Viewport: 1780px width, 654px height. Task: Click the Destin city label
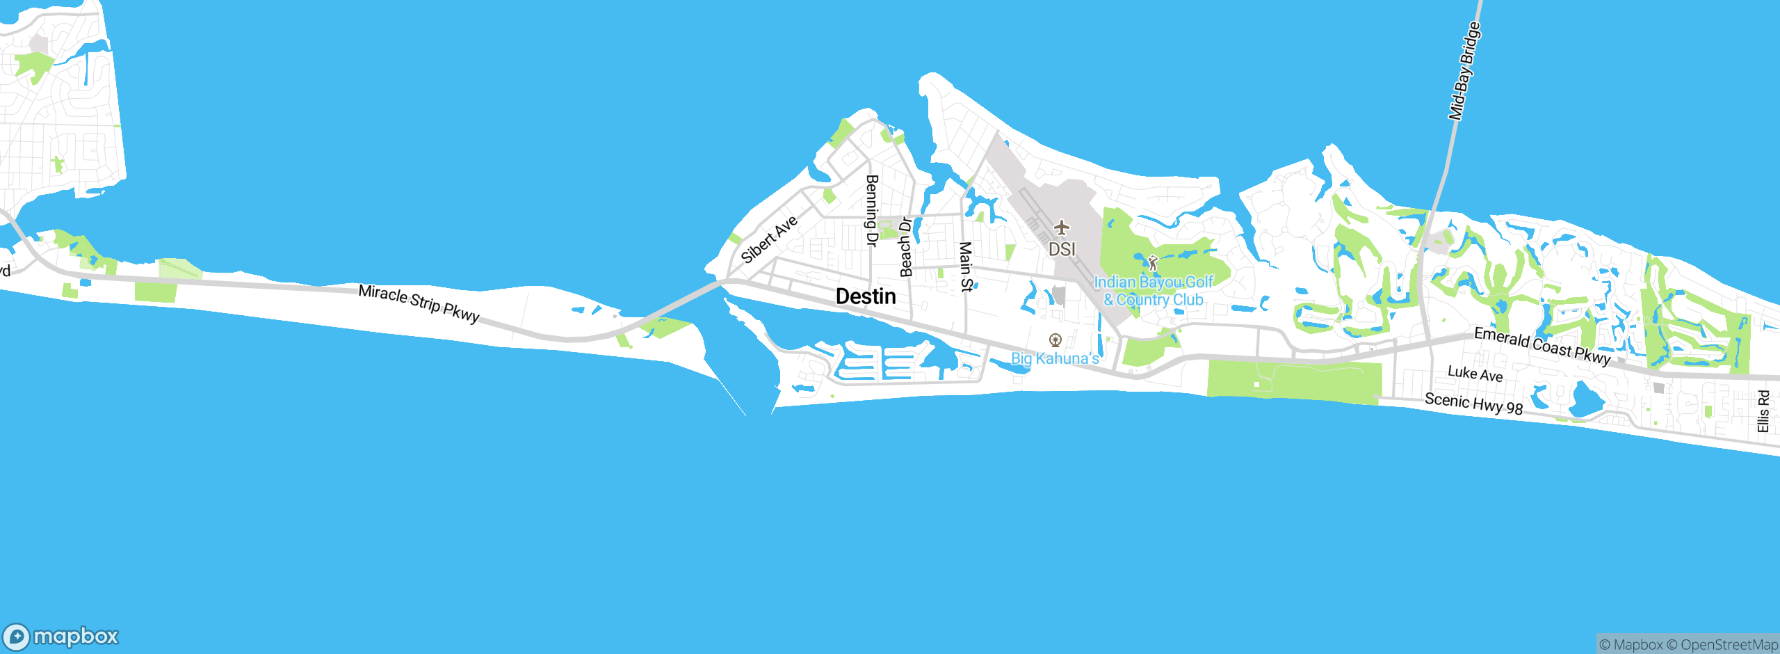pyautogui.click(x=866, y=297)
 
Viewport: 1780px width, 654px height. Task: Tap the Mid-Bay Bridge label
pyautogui.click(x=1464, y=72)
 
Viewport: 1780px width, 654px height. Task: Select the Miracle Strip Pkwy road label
pyautogui.click(x=419, y=304)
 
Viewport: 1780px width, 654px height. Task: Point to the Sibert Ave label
pyautogui.click(x=768, y=239)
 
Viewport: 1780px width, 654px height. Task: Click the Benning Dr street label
pyautogui.click(x=871, y=210)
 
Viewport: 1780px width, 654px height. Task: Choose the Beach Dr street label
pyautogui.click(x=905, y=247)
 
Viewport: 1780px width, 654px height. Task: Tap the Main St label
pyautogui.click(x=966, y=266)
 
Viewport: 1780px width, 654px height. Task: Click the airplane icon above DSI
pyautogui.click(x=1061, y=228)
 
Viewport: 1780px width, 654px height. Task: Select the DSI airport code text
pyautogui.click(x=1062, y=249)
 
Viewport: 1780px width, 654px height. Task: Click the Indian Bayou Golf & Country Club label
pyautogui.click(x=1154, y=292)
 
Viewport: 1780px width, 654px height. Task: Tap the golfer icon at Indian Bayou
pyautogui.click(x=1153, y=263)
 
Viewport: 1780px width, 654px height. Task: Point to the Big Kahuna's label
pyautogui.click(x=1055, y=358)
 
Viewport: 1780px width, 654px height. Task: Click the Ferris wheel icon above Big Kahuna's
pyautogui.click(x=1055, y=340)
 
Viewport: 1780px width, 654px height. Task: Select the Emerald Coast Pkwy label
pyautogui.click(x=1542, y=346)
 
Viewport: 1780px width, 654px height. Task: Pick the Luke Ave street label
pyautogui.click(x=1475, y=374)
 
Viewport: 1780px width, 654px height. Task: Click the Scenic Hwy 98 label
pyautogui.click(x=1473, y=404)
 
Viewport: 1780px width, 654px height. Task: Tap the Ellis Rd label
pyautogui.click(x=1763, y=411)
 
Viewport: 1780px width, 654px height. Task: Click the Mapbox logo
pyautogui.click(x=61, y=637)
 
